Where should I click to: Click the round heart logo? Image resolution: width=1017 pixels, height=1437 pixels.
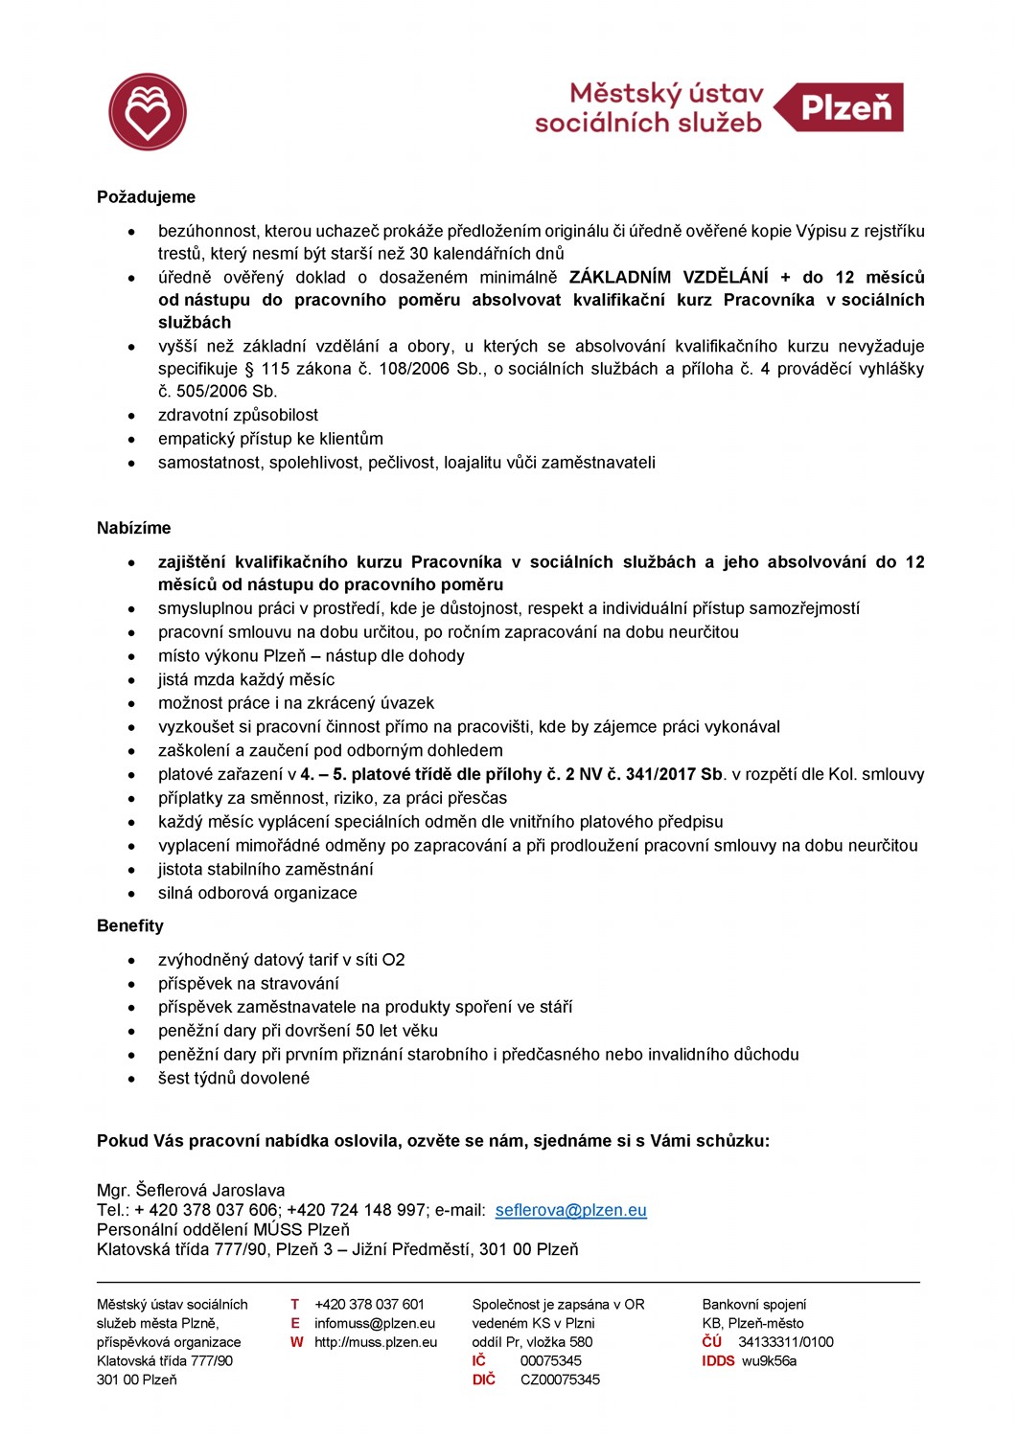(x=148, y=112)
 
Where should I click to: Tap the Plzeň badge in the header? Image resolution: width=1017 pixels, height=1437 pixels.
(x=844, y=107)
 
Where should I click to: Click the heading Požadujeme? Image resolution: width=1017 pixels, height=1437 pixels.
(x=146, y=197)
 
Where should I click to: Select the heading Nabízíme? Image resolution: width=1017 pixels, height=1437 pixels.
(x=133, y=528)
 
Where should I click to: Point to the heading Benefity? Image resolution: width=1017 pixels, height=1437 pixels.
(x=130, y=925)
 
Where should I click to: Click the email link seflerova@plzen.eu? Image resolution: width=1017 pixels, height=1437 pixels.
(x=570, y=1210)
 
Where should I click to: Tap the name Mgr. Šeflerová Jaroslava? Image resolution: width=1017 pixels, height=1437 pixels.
(x=191, y=1190)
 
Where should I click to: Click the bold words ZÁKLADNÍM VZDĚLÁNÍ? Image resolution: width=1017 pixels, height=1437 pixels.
(x=668, y=277)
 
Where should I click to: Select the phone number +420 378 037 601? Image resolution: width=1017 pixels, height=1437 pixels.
(x=369, y=1304)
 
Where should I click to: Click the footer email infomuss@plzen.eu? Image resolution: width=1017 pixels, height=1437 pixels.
(x=375, y=1323)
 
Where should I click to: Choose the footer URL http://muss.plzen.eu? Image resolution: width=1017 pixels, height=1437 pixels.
(x=376, y=1342)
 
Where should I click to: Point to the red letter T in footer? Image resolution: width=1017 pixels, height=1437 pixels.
(x=295, y=1304)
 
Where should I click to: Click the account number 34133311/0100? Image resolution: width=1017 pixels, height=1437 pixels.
(x=785, y=1342)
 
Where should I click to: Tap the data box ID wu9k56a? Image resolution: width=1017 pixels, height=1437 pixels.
(x=769, y=1360)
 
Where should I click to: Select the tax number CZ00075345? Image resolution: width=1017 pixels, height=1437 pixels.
(x=560, y=1380)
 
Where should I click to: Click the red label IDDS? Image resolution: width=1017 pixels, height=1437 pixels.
(x=718, y=1360)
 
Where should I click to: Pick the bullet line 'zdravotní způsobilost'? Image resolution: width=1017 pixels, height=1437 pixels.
(x=238, y=415)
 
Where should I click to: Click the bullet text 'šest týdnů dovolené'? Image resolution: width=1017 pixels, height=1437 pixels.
(x=234, y=1078)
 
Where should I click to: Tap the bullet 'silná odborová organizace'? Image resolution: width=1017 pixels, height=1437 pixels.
(x=257, y=893)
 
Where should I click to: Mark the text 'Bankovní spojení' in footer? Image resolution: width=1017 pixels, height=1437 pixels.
(x=754, y=1304)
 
